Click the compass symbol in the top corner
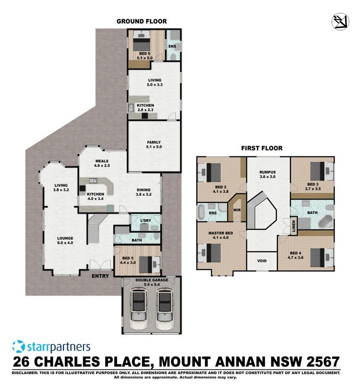(340, 22)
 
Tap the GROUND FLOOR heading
(142, 22)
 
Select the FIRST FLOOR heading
(262, 148)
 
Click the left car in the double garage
(138, 307)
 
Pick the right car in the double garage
(165, 307)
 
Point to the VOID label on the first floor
(262, 261)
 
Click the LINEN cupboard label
(294, 226)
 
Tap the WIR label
(237, 210)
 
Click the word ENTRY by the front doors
(100, 276)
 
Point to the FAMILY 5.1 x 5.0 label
(154, 144)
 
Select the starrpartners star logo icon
(19, 347)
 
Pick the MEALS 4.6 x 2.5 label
(102, 163)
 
